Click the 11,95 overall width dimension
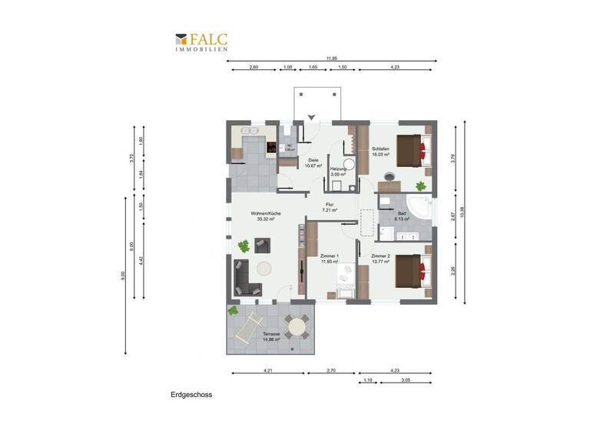coord(332,58)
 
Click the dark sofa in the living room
coord(244,278)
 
